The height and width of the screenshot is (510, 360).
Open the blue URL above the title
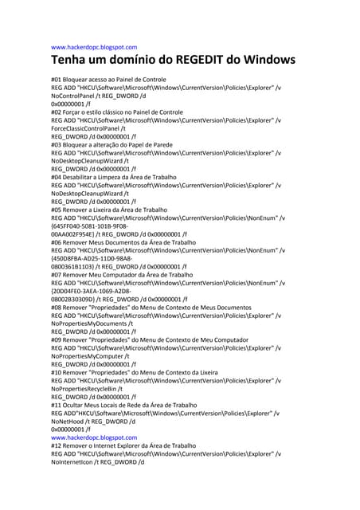(x=94, y=47)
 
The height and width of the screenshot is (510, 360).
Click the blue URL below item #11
(x=94, y=437)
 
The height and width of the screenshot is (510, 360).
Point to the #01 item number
(x=57, y=80)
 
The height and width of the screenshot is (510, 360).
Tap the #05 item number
(x=57, y=210)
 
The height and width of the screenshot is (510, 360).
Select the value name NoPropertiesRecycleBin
(x=84, y=389)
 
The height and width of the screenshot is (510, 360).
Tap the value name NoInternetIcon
(x=72, y=461)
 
